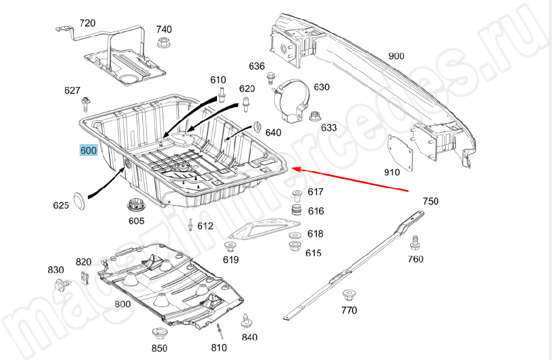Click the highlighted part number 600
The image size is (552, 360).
pos(89,150)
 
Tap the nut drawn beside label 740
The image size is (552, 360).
pos(163,42)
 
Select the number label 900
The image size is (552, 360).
pos(396,55)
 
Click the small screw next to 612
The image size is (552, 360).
pos(191,225)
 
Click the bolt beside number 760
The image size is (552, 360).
pos(415,242)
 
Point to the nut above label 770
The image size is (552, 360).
pos(349,294)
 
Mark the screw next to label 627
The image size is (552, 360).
pos(84,103)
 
